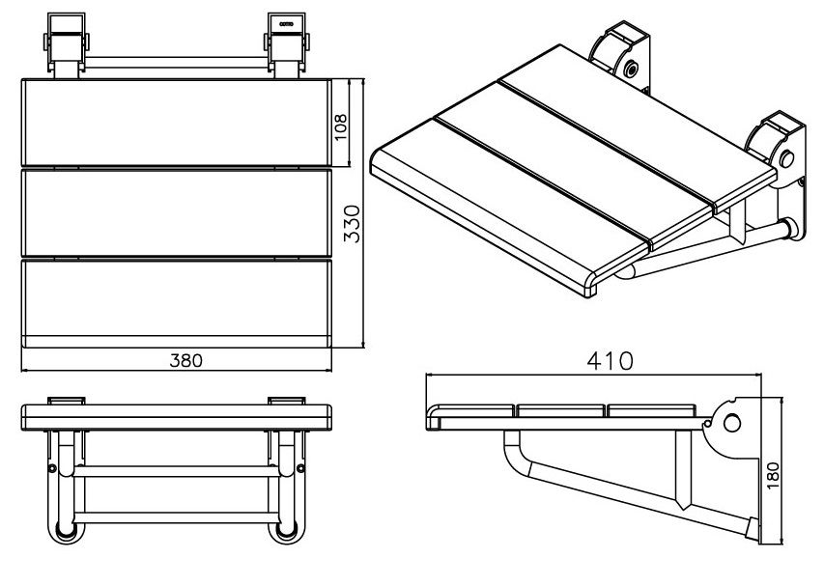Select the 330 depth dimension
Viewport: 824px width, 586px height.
353,223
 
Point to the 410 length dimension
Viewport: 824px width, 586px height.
611,360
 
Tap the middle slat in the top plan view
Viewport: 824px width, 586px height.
176,210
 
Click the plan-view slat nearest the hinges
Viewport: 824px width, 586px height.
176,124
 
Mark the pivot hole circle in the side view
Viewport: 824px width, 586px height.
731,423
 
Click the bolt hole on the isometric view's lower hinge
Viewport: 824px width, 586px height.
786,156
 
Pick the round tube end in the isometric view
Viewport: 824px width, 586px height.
789,228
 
